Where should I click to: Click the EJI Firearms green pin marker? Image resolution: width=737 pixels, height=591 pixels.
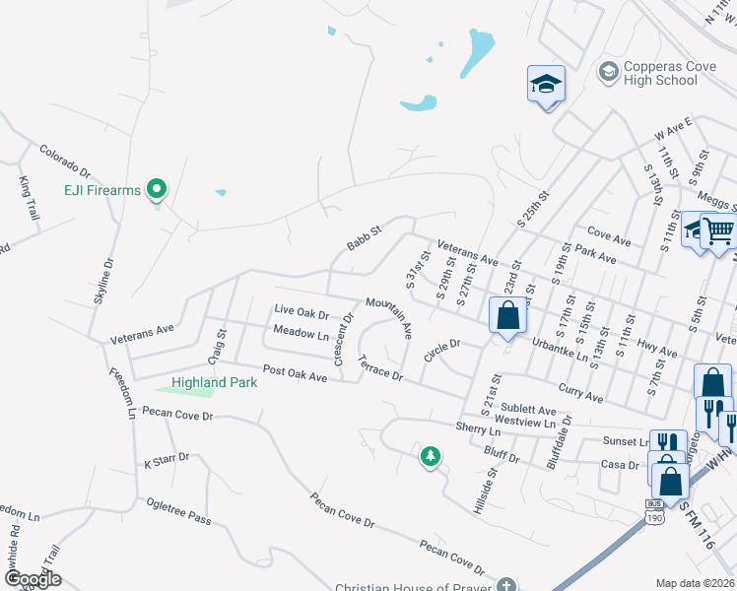point(156,188)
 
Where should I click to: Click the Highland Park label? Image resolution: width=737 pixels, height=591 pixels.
point(214,382)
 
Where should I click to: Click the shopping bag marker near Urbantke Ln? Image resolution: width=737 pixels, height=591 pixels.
point(507,317)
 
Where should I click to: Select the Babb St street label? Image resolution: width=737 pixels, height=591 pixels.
point(364,237)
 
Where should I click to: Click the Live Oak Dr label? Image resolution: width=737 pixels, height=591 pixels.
point(301,312)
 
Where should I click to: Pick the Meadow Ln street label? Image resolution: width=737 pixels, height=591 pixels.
point(301,333)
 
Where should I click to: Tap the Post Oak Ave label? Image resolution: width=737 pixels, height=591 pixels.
point(294,375)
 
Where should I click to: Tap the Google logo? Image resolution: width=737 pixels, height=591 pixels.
point(32,578)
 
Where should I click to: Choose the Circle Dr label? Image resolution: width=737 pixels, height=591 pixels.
point(442,349)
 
